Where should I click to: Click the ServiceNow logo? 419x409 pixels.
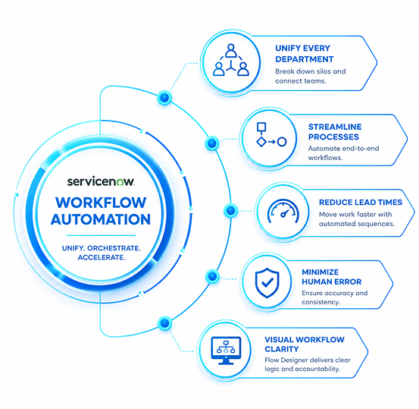tap(101, 181)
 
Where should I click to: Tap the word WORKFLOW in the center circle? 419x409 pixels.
tap(101, 203)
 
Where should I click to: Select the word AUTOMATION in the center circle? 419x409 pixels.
tap(101, 219)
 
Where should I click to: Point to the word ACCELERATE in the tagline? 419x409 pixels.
tap(102, 257)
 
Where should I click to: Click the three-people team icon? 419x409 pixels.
tap(231, 60)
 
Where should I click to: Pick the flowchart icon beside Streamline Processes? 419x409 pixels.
tap(271, 134)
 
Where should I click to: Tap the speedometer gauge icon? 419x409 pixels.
tap(283, 211)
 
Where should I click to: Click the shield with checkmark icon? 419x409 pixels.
tap(267, 283)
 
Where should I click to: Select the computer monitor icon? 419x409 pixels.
tap(226, 351)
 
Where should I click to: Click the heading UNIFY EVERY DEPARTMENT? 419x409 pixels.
tap(305, 54)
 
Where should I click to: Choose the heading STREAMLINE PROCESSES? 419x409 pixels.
tap(335, 132)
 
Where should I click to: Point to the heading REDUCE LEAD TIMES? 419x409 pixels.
tap(361, 203)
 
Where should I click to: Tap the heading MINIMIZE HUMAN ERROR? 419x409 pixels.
tap(332, 277)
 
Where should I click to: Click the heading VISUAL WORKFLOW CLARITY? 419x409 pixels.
tap(305, 345)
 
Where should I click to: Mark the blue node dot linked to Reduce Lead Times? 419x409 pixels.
tap(230, 210)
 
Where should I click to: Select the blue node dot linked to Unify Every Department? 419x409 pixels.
tap(164, 97)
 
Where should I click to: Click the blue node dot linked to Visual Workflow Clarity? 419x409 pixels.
tap(164, 323)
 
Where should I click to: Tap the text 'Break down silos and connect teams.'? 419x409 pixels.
tap(310, 77)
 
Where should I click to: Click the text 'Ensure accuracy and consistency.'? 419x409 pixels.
tap(335, 297)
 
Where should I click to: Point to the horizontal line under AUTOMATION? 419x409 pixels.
tap(101, 235)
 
